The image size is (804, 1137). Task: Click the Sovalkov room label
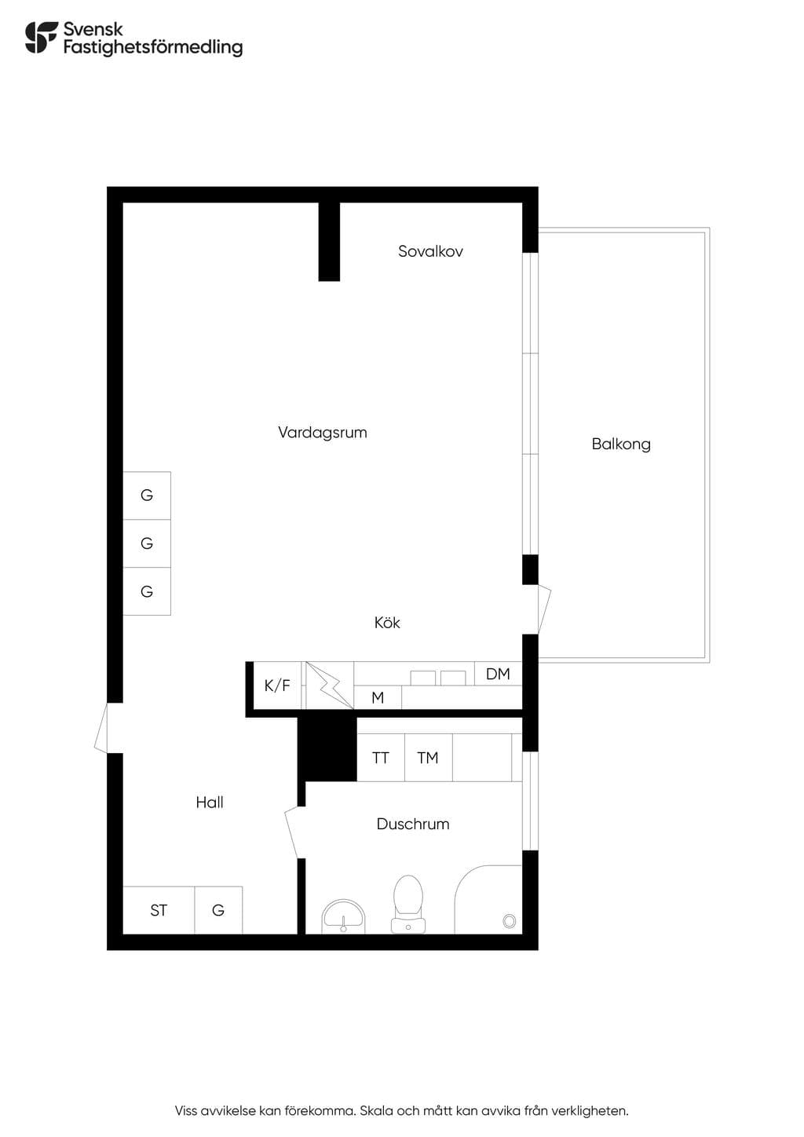click(430, 251)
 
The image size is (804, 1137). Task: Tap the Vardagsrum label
click(323, 433)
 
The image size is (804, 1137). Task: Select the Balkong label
click(621, 444)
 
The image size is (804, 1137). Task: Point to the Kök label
click(387, 623)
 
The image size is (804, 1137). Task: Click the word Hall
click(210, 802)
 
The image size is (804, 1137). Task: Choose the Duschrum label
click(413, 824)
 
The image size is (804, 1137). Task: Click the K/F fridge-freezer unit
click(277, 685)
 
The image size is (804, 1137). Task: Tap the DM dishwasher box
click(498, 674)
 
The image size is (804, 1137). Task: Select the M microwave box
click(378, 697)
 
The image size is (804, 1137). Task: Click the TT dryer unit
click(381, 757)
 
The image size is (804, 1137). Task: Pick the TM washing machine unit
click(428, 757)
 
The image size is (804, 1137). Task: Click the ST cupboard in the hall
click(159, 910)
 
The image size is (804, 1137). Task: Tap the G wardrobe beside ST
click(218, 910)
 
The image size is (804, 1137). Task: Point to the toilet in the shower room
click(408, 904)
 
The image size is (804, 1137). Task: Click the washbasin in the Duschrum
click(343, 916)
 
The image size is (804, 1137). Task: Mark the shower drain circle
click(509, 921)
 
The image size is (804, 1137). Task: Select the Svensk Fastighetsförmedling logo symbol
click(42, 37)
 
